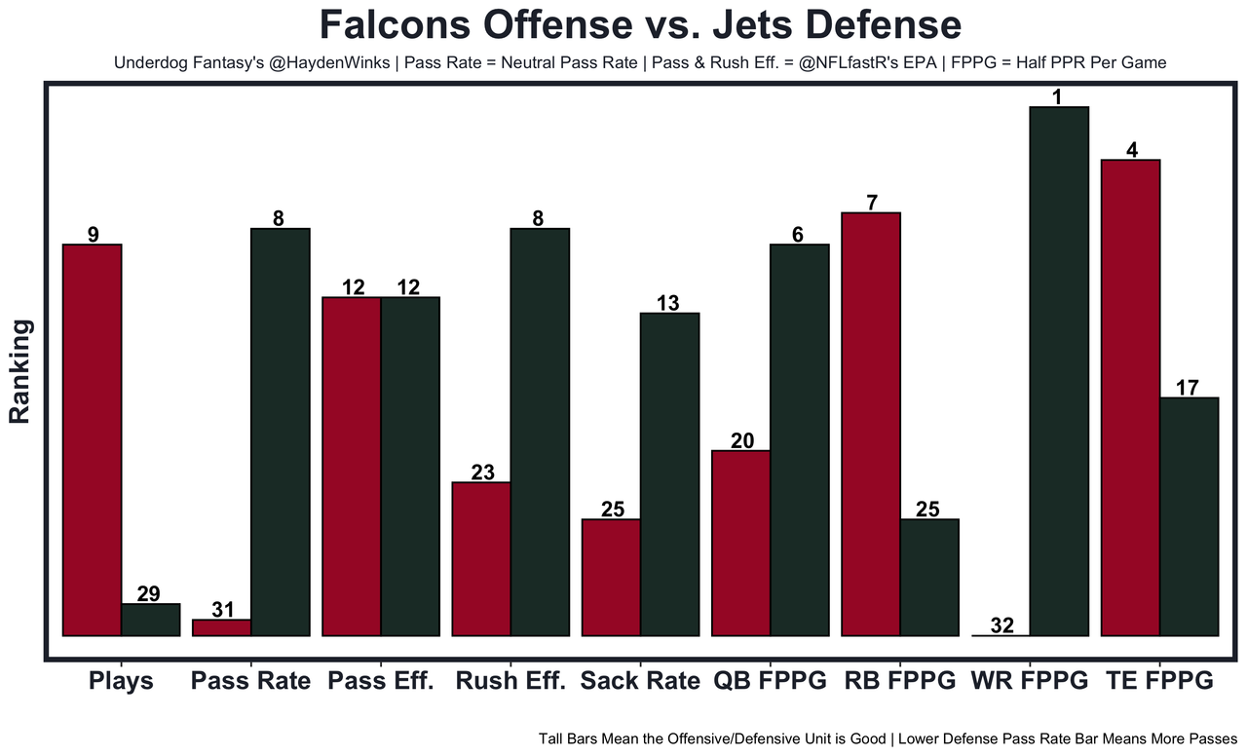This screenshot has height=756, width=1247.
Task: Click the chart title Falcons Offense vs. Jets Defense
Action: (640, 25)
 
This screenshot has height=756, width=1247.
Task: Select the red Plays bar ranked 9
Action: (92, 439)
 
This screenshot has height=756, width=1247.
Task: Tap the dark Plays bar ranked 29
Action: (150, 620)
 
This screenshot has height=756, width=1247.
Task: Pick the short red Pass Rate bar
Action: (222, 627)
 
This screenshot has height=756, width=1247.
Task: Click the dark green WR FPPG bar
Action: (1059, 370)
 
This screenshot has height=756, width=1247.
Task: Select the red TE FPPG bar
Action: (1130, 397)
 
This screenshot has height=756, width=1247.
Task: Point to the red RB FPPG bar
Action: (871, 424)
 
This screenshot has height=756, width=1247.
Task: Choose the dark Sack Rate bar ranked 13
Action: (669, 473)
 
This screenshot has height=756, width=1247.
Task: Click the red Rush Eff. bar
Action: (481, 558)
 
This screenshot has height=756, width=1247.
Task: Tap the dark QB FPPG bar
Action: (800, 439)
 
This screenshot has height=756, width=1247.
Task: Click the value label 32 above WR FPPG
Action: (1001, 625)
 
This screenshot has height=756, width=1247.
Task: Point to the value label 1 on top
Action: (1059, 96)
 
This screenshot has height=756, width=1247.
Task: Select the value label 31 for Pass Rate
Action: (222, 610)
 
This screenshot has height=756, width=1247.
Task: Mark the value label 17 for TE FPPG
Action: (1187, 387)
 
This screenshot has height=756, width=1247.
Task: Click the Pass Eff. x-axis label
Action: (380, 681)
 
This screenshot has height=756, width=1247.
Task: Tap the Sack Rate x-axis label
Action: (640, 681)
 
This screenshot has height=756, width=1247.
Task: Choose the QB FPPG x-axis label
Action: (771, 681)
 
